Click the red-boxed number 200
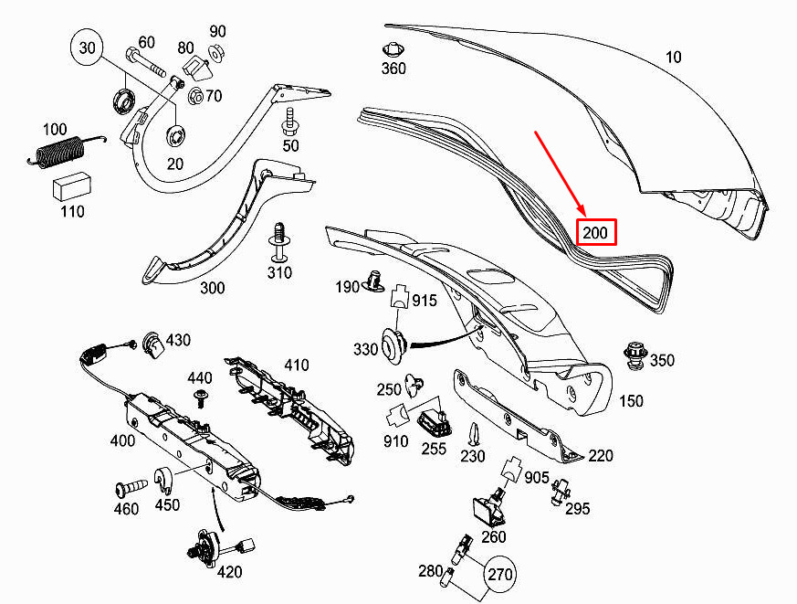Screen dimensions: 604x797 [594, 233]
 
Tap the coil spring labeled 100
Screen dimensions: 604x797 [58, 149]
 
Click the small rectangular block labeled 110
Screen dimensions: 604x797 [70, 185]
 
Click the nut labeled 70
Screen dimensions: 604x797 [194, 94]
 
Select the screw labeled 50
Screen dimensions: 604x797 [290, 120]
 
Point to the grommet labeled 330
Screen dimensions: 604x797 [393, 345]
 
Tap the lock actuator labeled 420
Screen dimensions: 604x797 [208, 548]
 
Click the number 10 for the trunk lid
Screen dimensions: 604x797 [673, 58]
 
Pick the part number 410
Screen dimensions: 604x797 [296, 365]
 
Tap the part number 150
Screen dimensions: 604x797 [631, 400]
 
